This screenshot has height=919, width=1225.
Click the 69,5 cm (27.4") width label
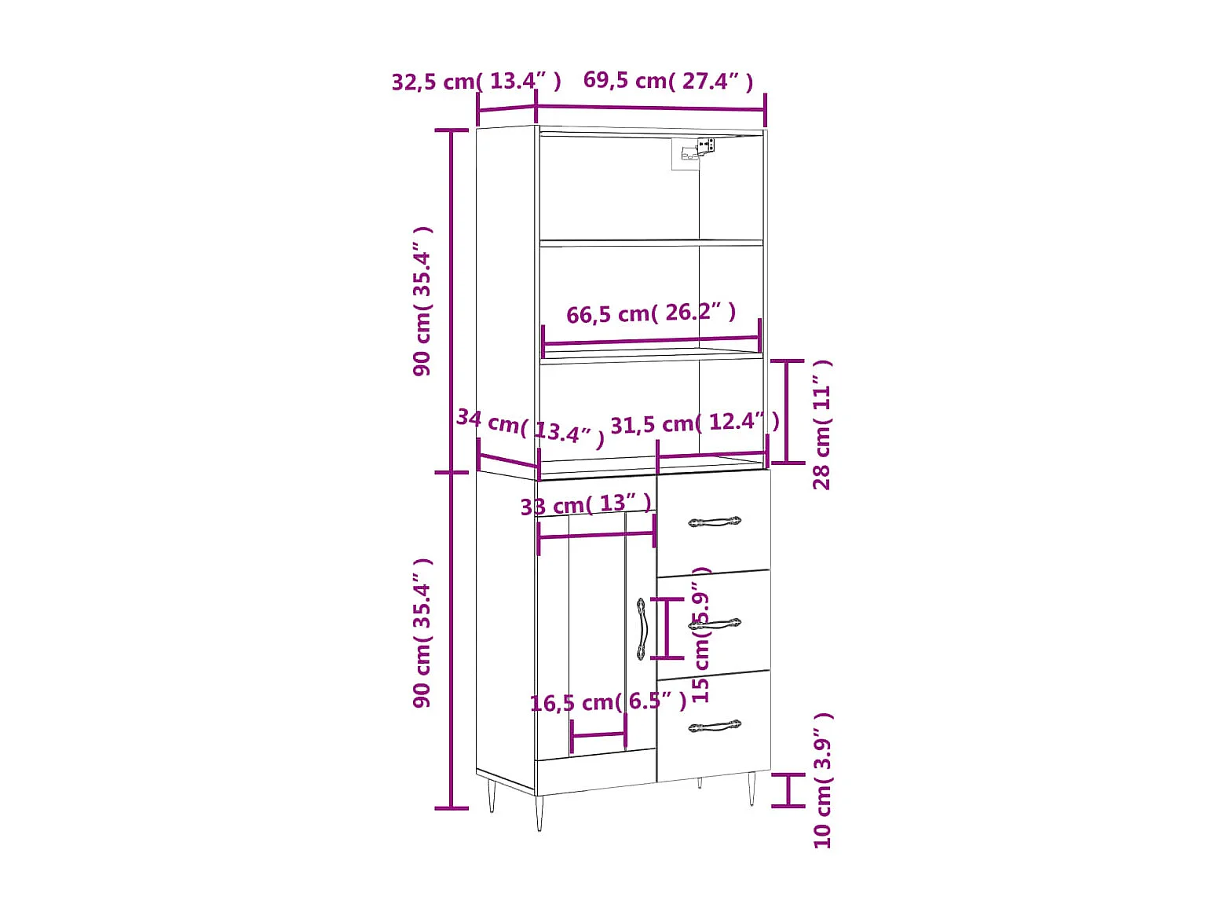[668, 81]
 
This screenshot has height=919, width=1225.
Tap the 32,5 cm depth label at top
[476, 82]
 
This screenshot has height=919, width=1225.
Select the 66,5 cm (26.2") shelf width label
[651, 313]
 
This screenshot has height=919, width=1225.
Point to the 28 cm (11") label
[821, 425]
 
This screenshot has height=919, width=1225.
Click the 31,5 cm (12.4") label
[695, 423]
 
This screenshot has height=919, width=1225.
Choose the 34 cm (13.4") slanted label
[530, 428]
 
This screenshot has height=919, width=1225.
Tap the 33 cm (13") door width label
[586, 504]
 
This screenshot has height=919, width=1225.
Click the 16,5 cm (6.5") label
[609, 702]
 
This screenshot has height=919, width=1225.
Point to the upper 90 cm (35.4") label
[422, 302]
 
